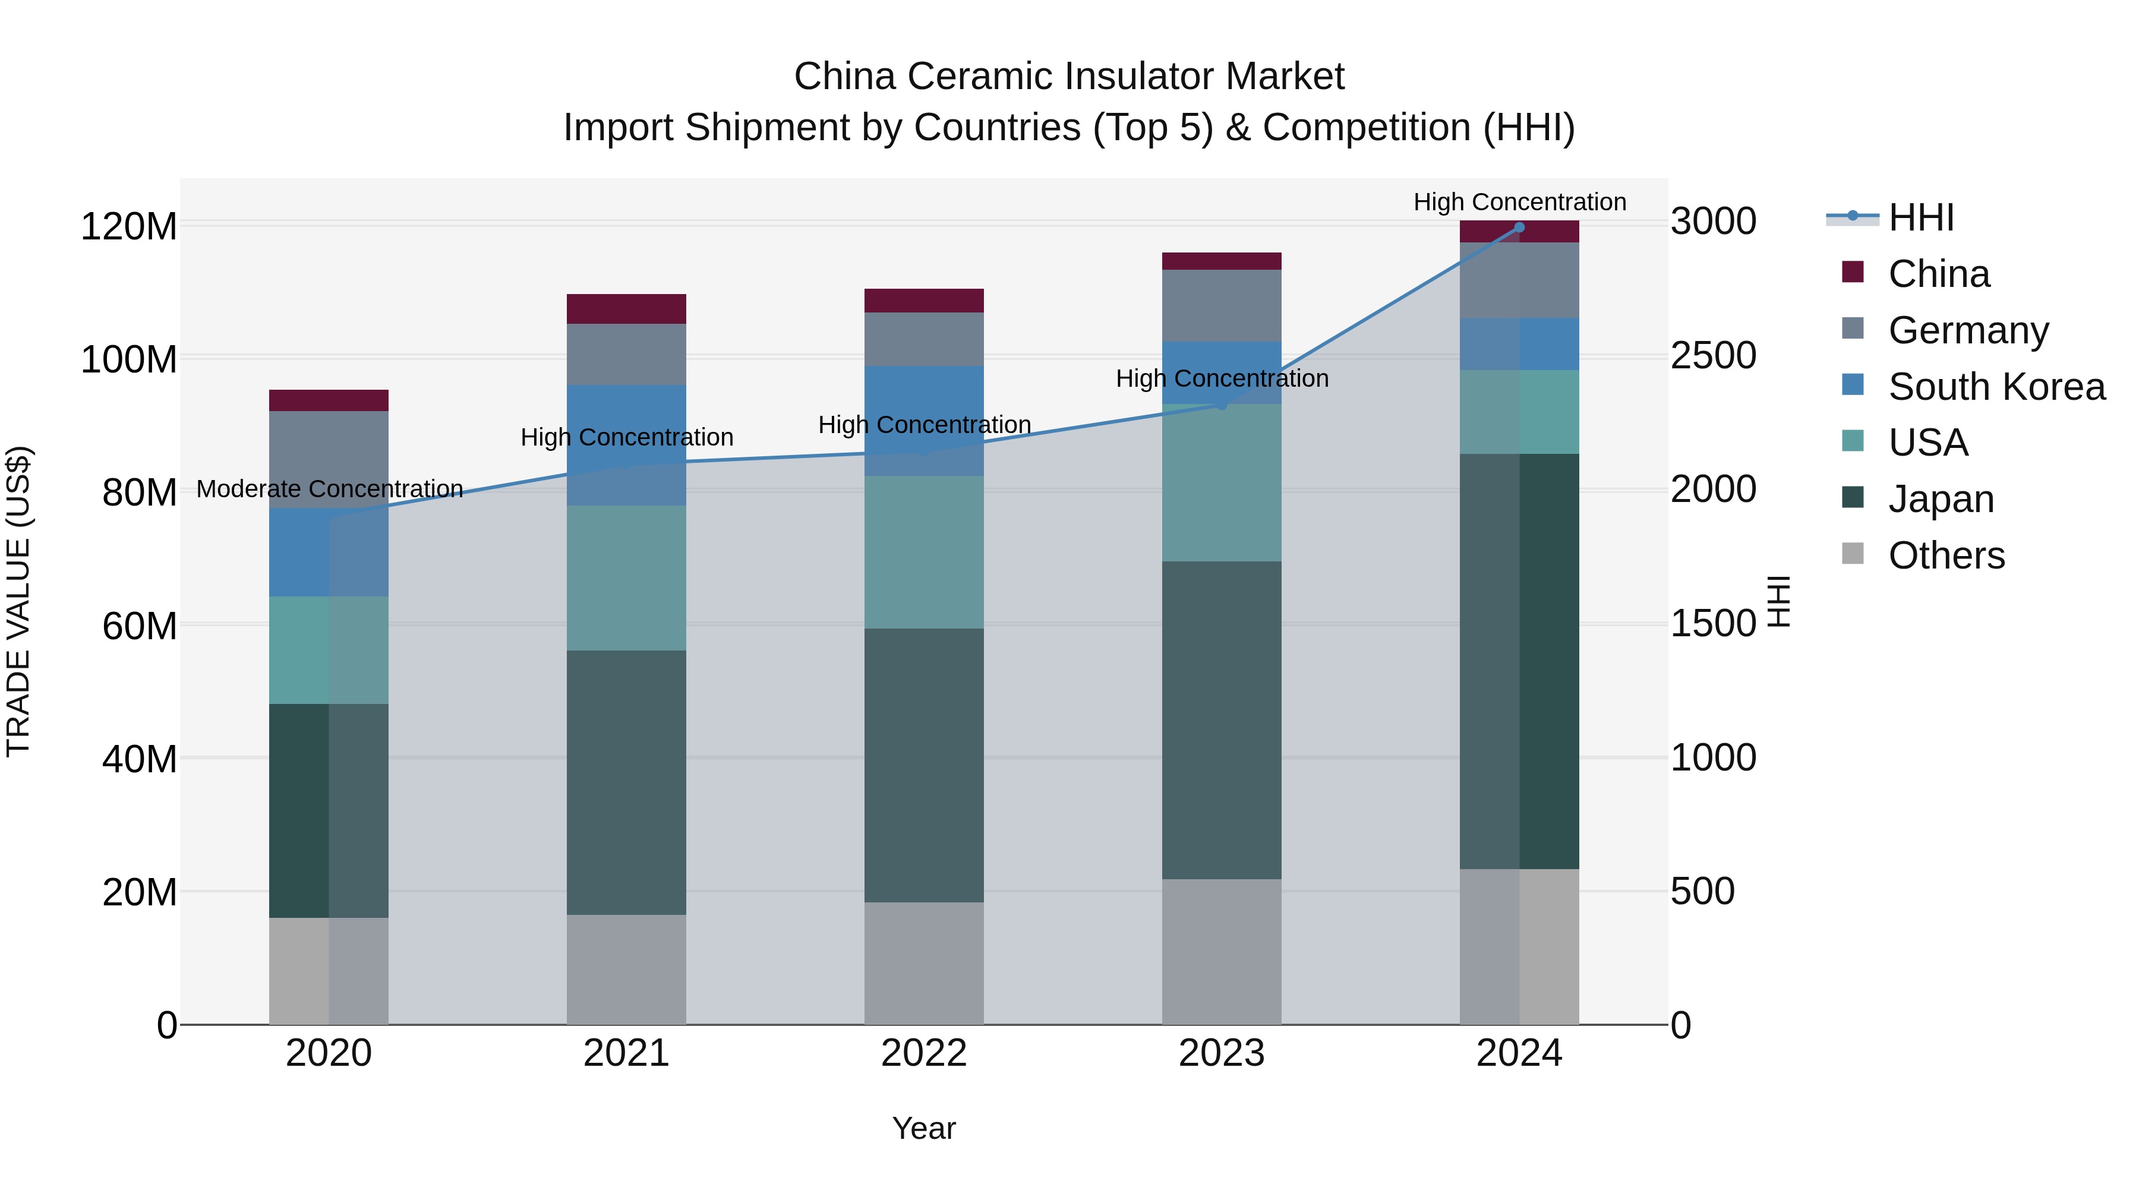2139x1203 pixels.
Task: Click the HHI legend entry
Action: pos(1920,219)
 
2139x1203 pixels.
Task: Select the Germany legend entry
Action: pos(1967,330)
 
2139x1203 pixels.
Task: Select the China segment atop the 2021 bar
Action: pos(626,309)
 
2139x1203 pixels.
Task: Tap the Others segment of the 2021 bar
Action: pos(626,969)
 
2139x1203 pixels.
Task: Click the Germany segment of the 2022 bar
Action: pos(923,340)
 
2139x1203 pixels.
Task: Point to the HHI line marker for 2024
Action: pos(1519,228)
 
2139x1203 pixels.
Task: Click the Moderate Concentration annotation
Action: pos(330,489)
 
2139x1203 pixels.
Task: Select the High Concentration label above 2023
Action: pos(1222,378)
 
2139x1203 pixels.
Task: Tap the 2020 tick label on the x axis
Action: pos(329,1053)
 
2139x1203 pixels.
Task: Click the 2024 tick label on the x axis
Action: pos(1519,1053)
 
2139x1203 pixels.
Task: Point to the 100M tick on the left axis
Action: pos(129,359)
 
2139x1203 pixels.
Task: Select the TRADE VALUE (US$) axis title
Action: pos(19,601)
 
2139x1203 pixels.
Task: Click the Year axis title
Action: pos(923,1128)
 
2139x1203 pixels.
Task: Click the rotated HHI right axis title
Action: pos(1778,601)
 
